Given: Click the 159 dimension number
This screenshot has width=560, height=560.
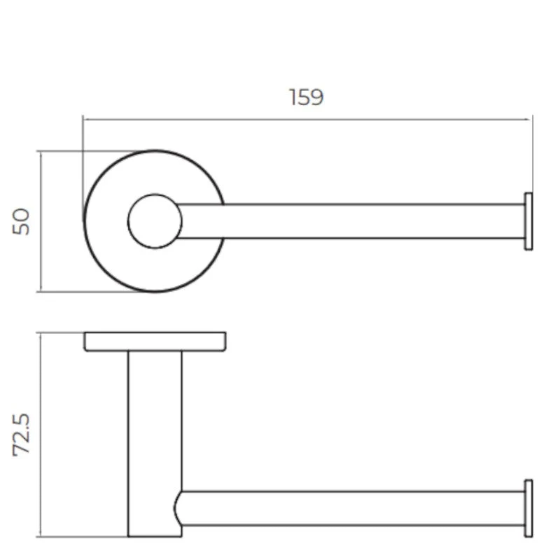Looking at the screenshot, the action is [x=307, y=97].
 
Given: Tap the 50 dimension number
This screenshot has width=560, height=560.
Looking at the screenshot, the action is [x=21, y=221].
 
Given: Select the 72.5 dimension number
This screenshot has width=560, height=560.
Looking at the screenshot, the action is [x=21, y=435].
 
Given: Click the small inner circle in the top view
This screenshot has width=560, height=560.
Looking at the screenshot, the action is [x=155, y=195].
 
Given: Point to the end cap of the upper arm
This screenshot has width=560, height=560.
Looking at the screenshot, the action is [x=528, y=221].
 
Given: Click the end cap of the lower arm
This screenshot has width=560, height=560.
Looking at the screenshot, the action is [x=528, y=508].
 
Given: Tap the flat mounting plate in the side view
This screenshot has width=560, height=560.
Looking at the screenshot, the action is [x=155, y=342].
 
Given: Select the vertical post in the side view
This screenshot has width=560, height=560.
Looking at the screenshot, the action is [x=155, y=444].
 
